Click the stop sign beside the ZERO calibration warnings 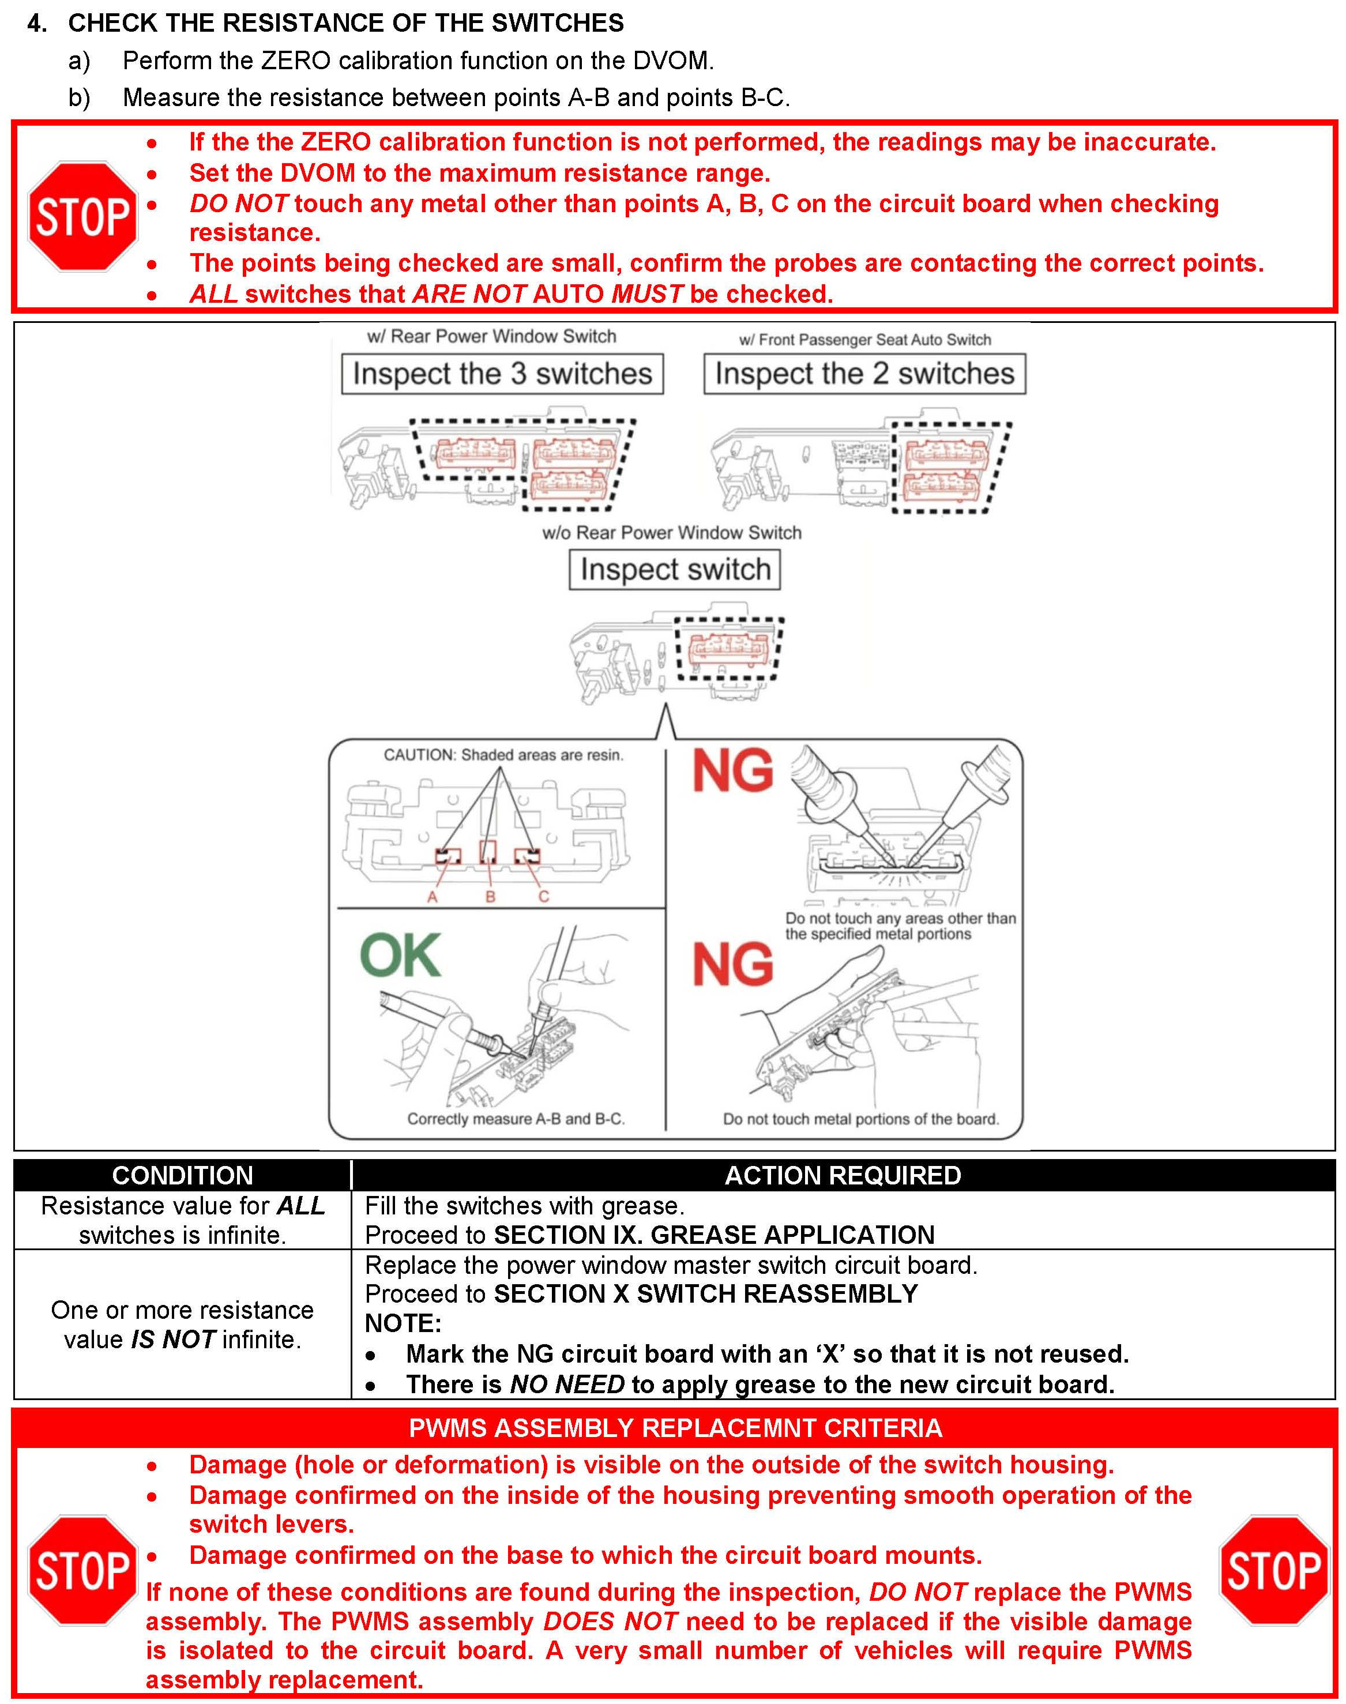(x=82, y=217)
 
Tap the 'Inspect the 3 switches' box (x=502, y=374)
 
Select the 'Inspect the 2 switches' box (x=864, y=374)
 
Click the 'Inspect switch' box (x=675, y=569)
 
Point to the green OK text (x=400, y=956)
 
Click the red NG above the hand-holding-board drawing (x=732, y=964)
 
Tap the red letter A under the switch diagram (x=432, y=897)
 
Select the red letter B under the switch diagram (x=490, y=897)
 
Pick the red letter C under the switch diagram (x=543, y=897)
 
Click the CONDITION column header (x=182, y=1175)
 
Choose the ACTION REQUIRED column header (x=843, y=1175)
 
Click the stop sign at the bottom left (x=82, y=1570)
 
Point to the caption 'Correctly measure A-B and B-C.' (x=516, y=1119)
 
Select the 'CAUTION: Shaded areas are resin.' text (x=503, y=755)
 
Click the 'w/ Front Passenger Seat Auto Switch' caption (x=864, y=340)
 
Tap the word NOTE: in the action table (x=403, y=1323)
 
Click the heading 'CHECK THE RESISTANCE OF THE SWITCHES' (x=346, y=23)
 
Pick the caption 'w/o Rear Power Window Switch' (x=671, y=533)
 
